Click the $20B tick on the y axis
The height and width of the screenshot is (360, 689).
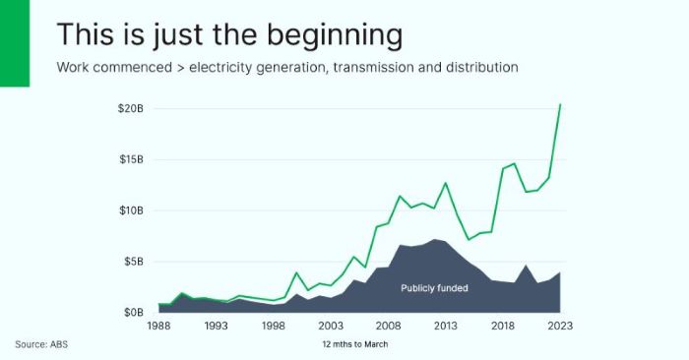coord(130,107)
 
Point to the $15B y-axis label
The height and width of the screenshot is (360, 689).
coord(130,158)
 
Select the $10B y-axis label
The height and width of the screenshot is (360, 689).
coord(130,210)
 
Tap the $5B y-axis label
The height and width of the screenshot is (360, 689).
coord(133,262)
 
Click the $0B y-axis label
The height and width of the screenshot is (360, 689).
coord(133,313)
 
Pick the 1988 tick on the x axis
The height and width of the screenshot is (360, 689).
coord(157,326)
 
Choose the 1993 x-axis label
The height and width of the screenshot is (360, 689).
coord(216,326)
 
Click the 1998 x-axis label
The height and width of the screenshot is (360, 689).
coord(274,326)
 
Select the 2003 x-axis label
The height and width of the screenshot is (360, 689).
coord(331,326)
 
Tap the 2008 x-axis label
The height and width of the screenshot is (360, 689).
coord(389,326)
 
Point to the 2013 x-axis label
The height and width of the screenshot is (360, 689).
coord(446,326)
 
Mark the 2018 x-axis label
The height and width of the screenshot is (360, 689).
coord(504,326)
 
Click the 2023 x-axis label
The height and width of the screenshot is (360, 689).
coord(561,326)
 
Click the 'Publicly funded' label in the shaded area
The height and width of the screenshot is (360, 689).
coord(434,288)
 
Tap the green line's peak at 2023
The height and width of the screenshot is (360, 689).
coord(561,104)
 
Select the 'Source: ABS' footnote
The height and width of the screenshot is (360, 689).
coord(41,344)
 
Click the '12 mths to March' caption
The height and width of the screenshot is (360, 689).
coord(355,344)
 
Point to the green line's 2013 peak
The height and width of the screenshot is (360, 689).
coord(446,183)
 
